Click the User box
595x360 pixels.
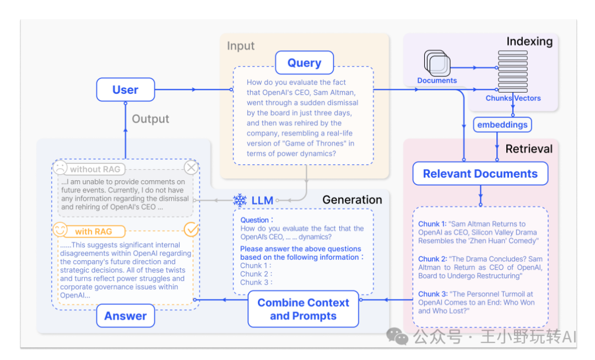click(126, 90)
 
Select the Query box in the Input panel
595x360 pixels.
click(304, 63)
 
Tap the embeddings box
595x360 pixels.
click(502, 125)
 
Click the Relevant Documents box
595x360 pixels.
click(480, 174)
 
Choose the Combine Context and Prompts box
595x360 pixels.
click(303, 309)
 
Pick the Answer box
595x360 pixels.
click(126, 316)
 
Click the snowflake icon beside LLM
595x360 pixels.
click(240, 200)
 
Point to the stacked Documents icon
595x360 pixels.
click(437, 64)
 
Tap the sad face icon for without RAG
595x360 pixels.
click(60, 168)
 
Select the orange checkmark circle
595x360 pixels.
click(191, 229)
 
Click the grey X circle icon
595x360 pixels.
click(191, 168)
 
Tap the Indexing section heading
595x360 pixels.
click(529, 41)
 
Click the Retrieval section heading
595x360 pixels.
click(529, 148)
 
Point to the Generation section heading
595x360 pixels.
click(352, 200)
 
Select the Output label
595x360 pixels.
click(150, 119)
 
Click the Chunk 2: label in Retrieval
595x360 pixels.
click(432, 259)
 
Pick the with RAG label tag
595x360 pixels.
click(91, 232)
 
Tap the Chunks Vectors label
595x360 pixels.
click(513, 98)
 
